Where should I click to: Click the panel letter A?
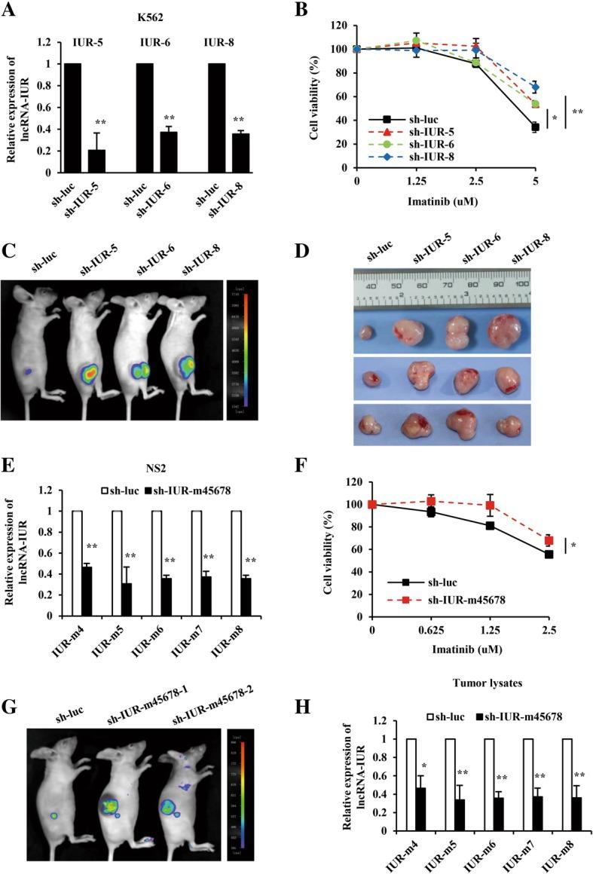click(10, 11)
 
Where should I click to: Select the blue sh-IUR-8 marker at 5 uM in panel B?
click(536, 87)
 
